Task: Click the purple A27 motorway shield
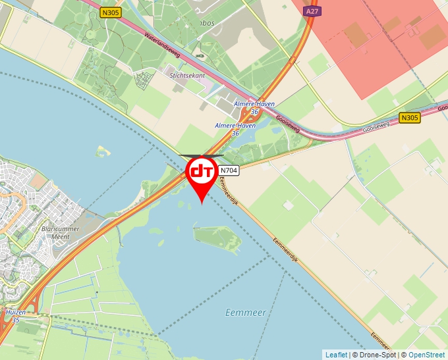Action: [313, 12]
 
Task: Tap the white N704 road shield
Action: [229, 170]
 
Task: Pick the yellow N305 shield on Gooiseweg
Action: [409, 118]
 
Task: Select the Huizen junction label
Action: [15, 311]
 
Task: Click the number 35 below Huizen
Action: [14, 320]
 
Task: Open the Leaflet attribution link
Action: [336, 355]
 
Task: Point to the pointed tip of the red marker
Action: [201, 203]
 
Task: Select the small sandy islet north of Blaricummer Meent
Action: [101, 152]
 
